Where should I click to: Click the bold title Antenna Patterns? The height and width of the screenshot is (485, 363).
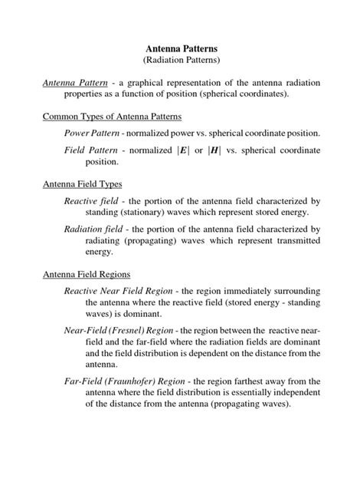181,47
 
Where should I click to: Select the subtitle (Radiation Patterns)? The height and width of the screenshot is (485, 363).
181,60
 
